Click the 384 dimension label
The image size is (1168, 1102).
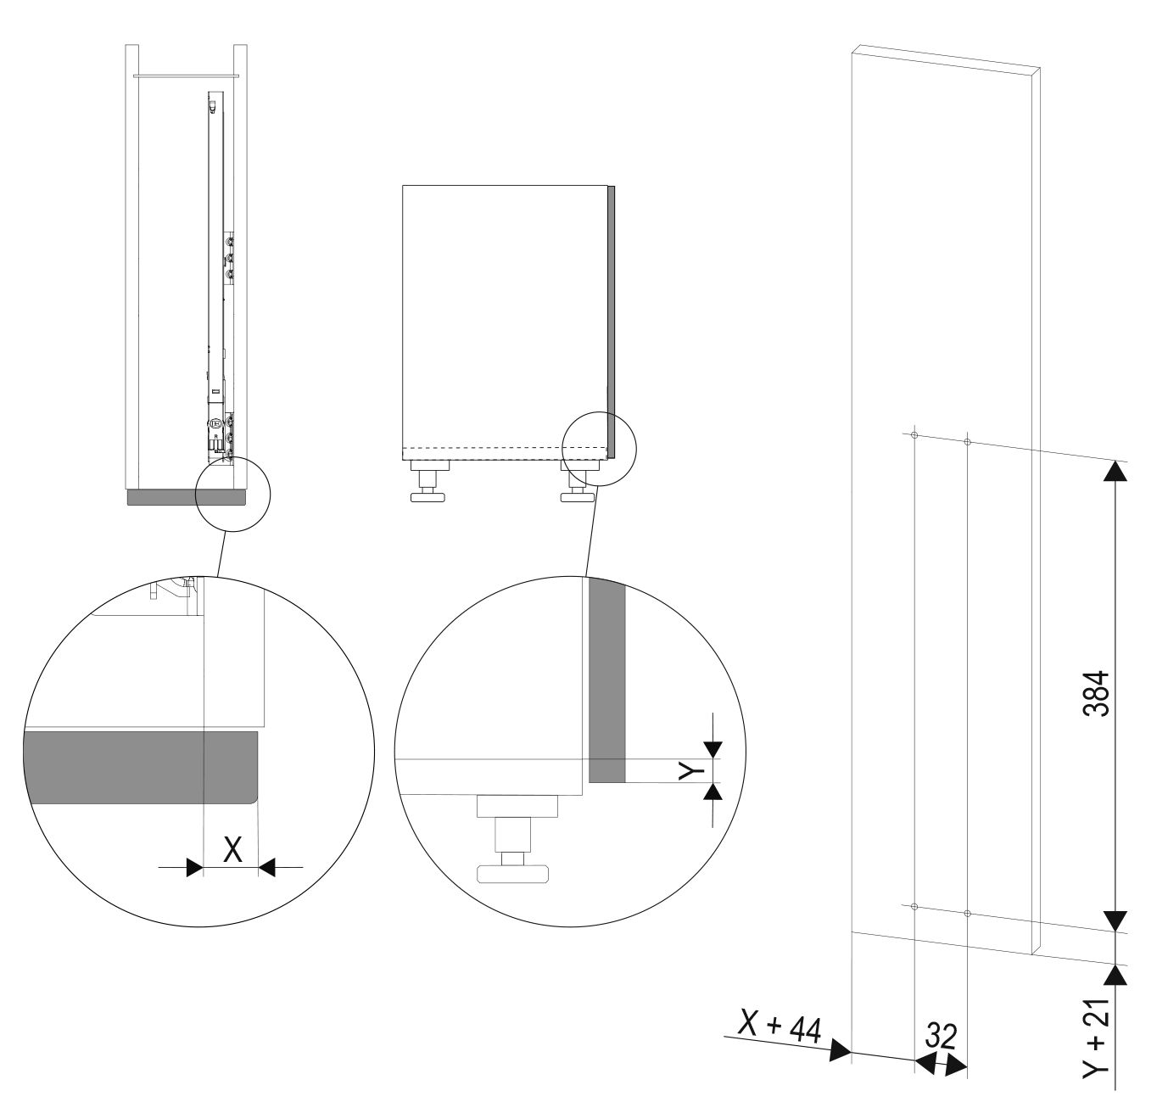tap(1096, 694)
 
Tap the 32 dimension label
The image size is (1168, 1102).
tap(941, 1036)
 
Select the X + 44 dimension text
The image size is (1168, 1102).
tap(780, 1029)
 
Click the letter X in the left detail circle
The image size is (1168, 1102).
tap(233, 849)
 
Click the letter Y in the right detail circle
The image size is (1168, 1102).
tap(691, 770)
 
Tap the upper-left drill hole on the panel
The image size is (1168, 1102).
tap(914, 435)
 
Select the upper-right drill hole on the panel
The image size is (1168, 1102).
tap(968, 442)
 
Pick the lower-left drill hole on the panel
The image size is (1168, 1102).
tap(914, 907)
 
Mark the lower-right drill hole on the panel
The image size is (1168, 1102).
tap(968, 914)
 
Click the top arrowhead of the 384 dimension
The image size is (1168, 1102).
tap(1115, 471)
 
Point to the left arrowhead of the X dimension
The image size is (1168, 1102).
tap(194, 867)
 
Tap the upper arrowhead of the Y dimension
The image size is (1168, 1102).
tap(713, 750)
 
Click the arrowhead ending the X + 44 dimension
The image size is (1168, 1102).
tap(840, 1050)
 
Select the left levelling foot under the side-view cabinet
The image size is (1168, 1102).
tap(428, 482)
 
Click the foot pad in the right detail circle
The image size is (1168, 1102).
tap(512, 875)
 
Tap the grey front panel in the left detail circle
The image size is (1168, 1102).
tap(141, 767)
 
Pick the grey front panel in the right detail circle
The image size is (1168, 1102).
tap(607, 680)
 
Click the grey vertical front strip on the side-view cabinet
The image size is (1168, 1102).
tap(611, 322)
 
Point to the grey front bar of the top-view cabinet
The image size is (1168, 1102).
tap(187, 498)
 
